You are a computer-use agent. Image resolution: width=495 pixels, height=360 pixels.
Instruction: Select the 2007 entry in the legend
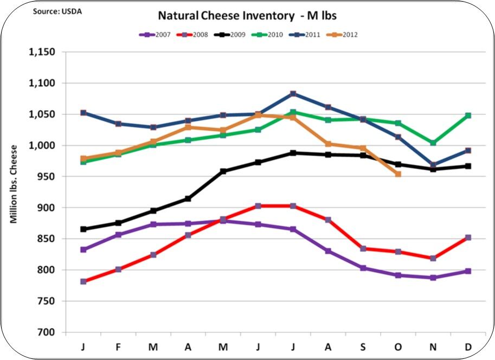tap(157, 35)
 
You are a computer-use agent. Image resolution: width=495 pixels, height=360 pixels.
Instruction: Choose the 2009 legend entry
tap(234, 35)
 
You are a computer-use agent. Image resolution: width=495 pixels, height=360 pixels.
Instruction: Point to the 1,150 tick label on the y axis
tap(41, 52)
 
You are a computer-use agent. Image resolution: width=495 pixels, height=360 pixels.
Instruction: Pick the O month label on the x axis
tap(398, 345)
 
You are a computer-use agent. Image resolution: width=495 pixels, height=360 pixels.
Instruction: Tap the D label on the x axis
tap(468, 345)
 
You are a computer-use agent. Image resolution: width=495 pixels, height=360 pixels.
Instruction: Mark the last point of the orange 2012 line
tap(398, 174)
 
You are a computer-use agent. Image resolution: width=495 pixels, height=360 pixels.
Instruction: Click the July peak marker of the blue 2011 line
tap(293, 94)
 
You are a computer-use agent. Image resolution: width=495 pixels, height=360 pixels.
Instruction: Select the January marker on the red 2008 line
tap(83, 281)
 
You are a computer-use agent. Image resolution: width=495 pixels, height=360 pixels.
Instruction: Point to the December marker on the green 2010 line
tap(468, 115)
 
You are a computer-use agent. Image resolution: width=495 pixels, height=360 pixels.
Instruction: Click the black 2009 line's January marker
tap(83, 229)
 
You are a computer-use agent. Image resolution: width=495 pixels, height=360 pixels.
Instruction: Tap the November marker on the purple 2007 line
tap(433, 278)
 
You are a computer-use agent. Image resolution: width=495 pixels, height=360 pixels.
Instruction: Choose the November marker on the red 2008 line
tap(433, 258)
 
